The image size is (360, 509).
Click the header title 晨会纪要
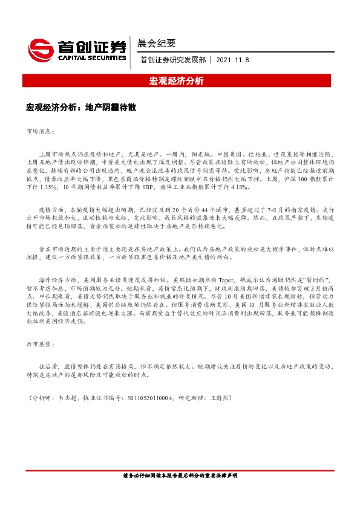(x=157, y=44)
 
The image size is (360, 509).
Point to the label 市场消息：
(x=41, y=131)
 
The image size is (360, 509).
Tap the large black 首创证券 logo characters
(x=91, y=46)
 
